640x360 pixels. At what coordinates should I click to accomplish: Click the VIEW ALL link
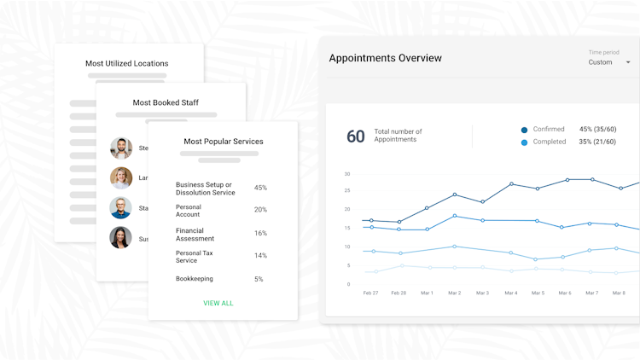click(218, 303)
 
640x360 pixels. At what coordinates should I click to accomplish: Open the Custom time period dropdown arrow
click(628, 62)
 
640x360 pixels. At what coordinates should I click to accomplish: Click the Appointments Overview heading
click(385, 58)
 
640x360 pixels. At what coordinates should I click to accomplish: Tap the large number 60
click(355, 136)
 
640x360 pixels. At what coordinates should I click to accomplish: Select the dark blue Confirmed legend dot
click(524, 130)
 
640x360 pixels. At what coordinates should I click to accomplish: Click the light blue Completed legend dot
click(524, 142)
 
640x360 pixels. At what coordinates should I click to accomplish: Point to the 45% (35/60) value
click(597, 130)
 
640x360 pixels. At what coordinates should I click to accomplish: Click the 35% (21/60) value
click(597, 142)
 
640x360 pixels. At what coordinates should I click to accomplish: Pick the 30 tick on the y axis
click(347, 174)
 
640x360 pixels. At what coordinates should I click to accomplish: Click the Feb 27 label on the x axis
click(370, 293)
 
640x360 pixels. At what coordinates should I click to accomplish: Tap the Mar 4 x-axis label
click(510, 293)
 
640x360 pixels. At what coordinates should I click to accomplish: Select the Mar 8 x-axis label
click(618, 293)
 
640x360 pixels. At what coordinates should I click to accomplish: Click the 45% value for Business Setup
click(260, 188)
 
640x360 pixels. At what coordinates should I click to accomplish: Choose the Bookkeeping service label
click(195, 279)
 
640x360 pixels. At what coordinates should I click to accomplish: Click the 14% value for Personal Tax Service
click(260, 256)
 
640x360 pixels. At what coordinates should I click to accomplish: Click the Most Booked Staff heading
click(166, 103)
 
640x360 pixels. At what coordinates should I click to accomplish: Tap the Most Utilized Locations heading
click(126, 63)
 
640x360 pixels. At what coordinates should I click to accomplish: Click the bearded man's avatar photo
click(121, 148)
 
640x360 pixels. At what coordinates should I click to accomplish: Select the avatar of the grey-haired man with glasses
click(121, 207)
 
